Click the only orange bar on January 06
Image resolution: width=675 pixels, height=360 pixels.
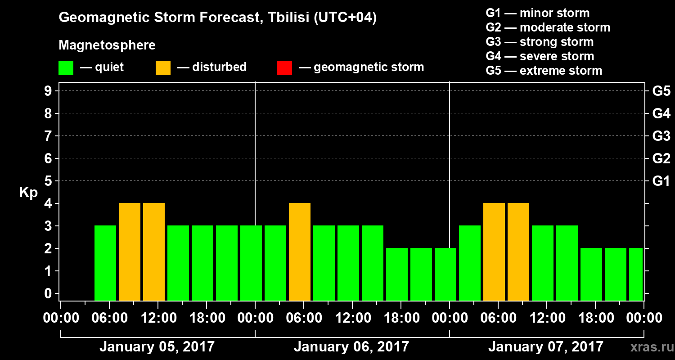pos(300,252)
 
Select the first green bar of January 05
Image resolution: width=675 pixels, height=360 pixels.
pos(105,263)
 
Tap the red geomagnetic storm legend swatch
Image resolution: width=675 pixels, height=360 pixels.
pos(284,68)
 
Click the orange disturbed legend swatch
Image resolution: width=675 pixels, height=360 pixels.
pos(163,68)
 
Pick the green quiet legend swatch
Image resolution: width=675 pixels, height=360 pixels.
pos(66,68)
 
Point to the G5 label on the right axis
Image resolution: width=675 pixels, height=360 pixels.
pos(661,91)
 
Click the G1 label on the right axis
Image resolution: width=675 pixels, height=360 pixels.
pos(661,181)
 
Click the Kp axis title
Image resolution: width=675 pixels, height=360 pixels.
pos(28,193)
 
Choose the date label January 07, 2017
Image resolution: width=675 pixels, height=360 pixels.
pos(545,347)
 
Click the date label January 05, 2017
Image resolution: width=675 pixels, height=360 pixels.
pos(157,347)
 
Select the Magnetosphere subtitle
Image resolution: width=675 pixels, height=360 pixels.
pos(107,45)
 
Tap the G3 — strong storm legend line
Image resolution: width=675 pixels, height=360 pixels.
pos(540,42)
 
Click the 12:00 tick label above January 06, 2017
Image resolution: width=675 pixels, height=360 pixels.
pos(352,318)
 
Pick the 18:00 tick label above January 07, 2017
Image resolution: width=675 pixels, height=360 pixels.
pos(595,318)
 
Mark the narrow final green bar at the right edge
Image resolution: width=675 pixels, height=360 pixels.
pos(636,274)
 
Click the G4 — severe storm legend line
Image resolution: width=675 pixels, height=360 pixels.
pos(540,56)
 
